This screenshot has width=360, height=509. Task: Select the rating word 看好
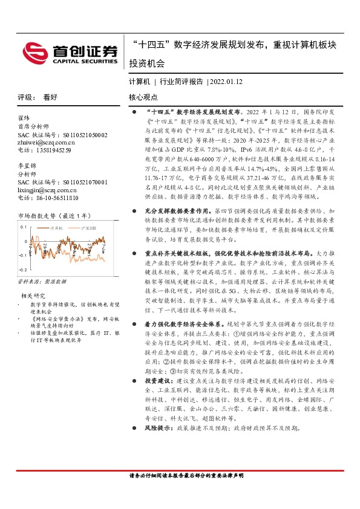[50, 97]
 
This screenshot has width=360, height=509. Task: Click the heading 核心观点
[143, 97]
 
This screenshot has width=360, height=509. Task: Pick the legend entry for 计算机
[57, 229]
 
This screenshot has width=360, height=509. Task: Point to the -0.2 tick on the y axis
[22, 270]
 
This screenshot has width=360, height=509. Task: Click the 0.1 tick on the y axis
[23, 227]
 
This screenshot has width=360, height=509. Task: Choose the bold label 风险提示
[158, 427]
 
